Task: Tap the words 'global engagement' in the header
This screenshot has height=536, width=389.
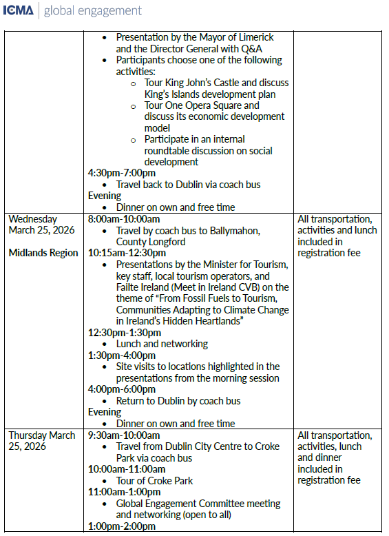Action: pyautogui.click(x=92, y=11)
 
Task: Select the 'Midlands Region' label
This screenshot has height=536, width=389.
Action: pyautogui.click(x=43, y=253)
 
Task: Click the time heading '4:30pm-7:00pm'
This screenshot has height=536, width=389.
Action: pyautogui.click(x=122, y=173)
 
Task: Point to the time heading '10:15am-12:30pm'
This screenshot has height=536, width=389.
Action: pyautogui.click(x=127, y=253)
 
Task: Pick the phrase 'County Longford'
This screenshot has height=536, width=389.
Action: pyautogui.click(x=151, y=242)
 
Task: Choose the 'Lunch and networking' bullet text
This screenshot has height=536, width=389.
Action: pyautogui.click(x=162, y=343)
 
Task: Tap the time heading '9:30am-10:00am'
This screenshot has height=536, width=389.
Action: pyautogui.click(x=124, y=435)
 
